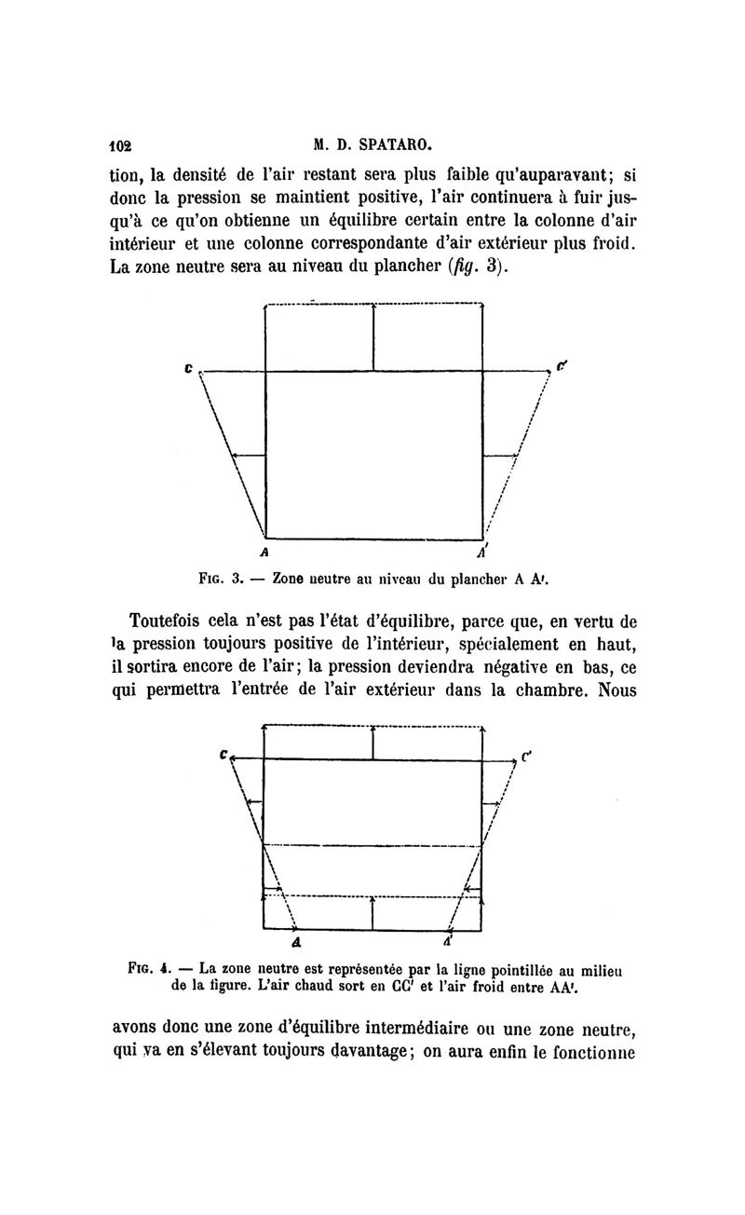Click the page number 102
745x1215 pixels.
[121, 146]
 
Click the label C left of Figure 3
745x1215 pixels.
[189, 368]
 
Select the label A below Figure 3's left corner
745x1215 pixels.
[266, 550]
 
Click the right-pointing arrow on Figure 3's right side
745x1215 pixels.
[503, 455]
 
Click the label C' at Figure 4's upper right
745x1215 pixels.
[525, 757]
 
